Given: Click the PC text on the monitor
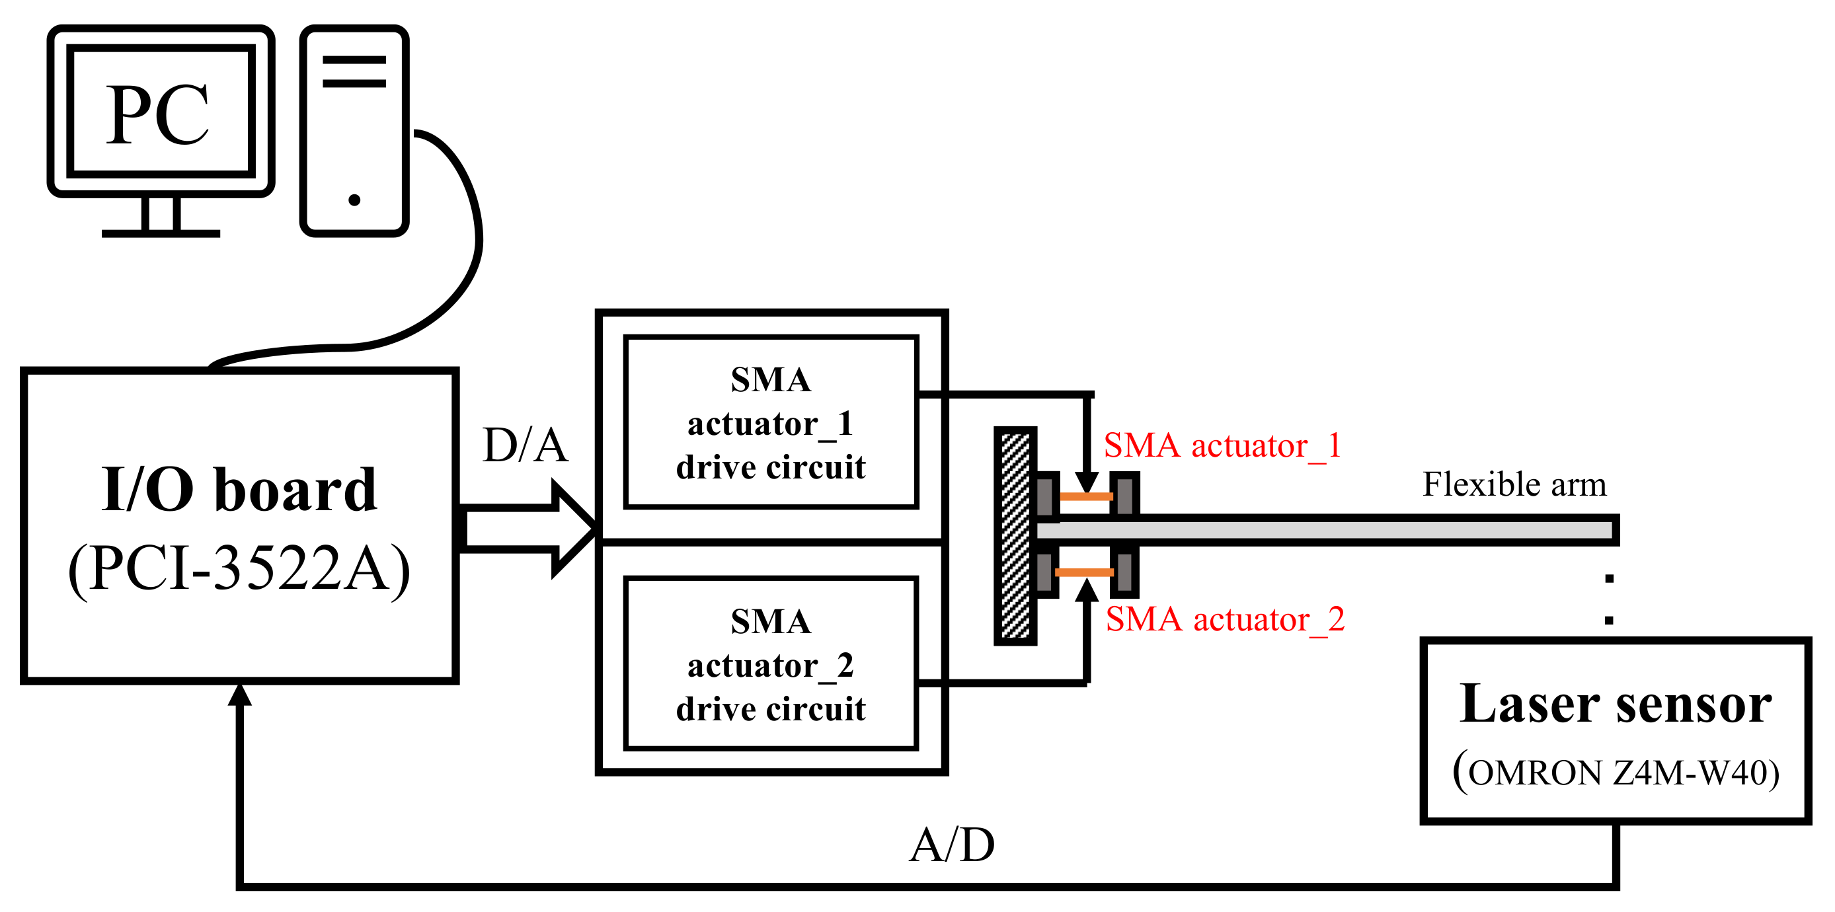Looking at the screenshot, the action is click(157, 114).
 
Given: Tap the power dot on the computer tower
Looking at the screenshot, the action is click(354, 200).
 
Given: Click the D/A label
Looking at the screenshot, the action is click(525, 445).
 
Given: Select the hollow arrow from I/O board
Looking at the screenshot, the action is click(527, 527).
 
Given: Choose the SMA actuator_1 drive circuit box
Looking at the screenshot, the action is click(771, 422).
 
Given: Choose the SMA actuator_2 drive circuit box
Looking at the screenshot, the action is click(771, 664).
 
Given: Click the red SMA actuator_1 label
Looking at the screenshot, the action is click(1222, 446).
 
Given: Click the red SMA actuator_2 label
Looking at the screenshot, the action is click(1224, 620).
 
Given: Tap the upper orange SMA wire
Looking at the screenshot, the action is click(1085, 496).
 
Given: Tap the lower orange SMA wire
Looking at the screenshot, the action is click(1083, 572).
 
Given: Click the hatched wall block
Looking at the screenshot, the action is click(1015, 536).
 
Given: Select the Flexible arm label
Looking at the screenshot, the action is click(1514, 485).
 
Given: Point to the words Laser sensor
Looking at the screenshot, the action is click(1616, 704).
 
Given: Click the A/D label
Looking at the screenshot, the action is click(952, 845).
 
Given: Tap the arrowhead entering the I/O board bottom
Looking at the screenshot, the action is click(240, 694).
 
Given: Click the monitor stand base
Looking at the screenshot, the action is click(161, 233).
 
